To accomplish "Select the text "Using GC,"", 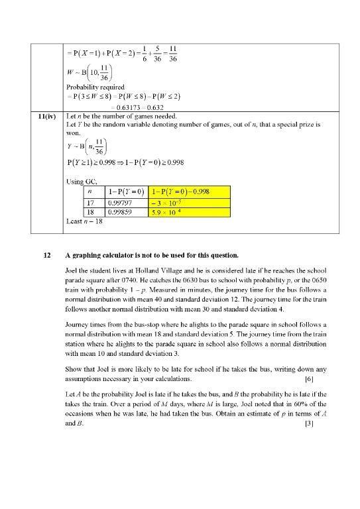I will coord(82,181).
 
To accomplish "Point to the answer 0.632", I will coord(153,107).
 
